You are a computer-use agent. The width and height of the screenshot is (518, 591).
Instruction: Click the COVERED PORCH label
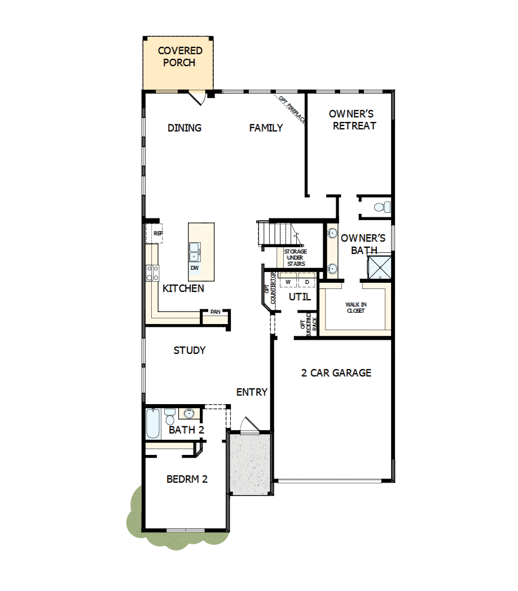(179, 57)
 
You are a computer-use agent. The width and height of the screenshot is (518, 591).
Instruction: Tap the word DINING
(185, 128)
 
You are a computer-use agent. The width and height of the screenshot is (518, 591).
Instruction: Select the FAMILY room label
(266, 128)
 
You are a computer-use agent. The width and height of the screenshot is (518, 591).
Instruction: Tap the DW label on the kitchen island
(194, 268)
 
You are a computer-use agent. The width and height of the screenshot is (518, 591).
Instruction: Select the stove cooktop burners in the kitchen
(152, 273)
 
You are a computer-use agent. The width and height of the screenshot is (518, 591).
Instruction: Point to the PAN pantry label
(215, 312)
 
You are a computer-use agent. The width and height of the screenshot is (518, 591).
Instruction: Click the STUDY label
(189, 351)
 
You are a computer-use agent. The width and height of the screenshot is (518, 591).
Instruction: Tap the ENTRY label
(252, 392)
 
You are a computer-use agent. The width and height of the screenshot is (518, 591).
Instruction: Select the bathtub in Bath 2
(153, 424)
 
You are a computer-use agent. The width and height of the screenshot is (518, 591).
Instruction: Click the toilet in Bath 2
(169, 417)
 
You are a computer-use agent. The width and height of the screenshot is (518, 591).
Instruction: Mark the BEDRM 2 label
(187, 479)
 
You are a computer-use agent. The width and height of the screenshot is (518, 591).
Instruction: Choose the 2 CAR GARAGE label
(336, 373)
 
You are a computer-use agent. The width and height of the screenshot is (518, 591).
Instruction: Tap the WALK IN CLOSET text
(355, 308)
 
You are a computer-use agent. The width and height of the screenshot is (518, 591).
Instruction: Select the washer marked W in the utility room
(288, 281)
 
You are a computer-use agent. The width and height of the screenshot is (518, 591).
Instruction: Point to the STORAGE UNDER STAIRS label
(295, 257)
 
